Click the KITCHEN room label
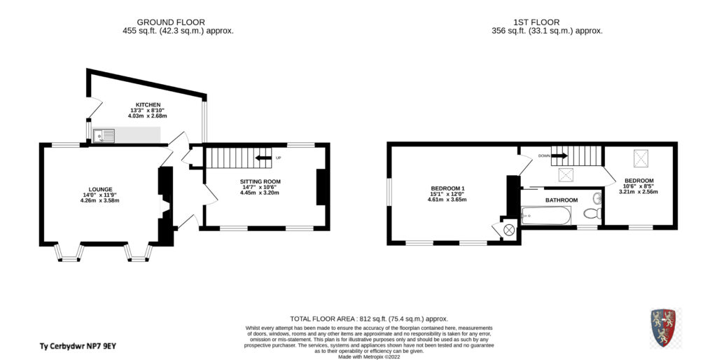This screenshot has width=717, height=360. (x=148, y=105)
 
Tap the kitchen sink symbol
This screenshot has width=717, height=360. (x=104, y=135)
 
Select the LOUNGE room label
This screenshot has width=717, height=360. (x=101, y=189)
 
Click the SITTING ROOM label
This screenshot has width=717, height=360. (x=260, y=181)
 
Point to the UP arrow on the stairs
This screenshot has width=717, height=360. (x=263, y=158)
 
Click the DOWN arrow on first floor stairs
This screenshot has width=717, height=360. (x=559, y=156)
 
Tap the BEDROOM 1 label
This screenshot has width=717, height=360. (x=447, y=188)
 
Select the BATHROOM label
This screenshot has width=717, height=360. (x=561, y=200)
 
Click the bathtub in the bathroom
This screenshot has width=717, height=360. (x=545, y=216)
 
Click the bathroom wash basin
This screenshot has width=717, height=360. (x=597, y=198)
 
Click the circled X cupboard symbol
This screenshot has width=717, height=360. (x=508, y=230)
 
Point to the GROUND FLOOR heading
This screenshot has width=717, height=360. (x=171, y=22)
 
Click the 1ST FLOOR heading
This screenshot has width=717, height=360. (x=536, y=22)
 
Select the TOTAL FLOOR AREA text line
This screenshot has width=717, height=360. (x=369, y=319)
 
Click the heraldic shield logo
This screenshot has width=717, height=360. (x=663, y=327)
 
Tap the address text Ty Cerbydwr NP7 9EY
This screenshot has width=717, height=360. (x=77, y=346)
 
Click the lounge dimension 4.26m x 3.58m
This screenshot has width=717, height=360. (x=99, y=200)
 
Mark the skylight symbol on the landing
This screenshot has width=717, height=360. (x=566, y=174)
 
